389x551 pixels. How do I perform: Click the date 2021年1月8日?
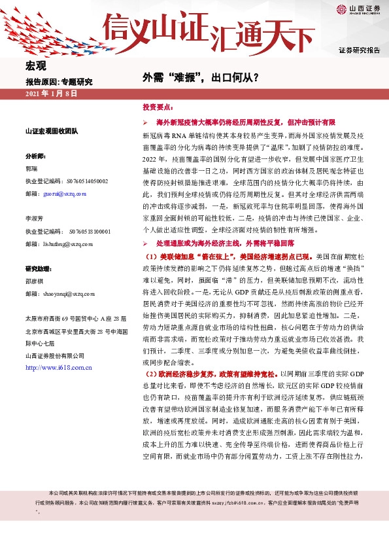(51, 95)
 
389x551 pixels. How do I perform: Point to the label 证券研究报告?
(359, 50)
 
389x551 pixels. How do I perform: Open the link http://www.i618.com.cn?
(58, 368)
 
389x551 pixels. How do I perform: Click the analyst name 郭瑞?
(31, 169)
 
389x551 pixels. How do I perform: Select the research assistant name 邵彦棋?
(35, 282)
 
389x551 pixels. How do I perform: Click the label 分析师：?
(36, 157)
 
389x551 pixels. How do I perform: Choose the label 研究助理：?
(39, 270)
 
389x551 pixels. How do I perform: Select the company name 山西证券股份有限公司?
(54, 355)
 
